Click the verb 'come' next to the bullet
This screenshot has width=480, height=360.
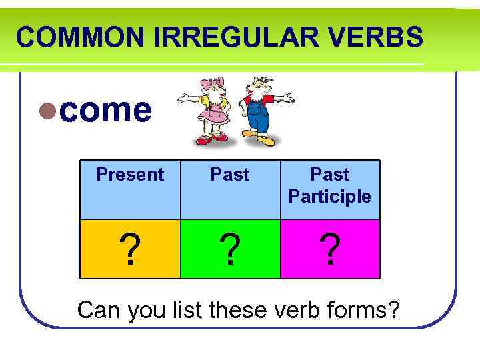click(105, 110)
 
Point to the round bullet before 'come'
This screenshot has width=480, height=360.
click(47, 111)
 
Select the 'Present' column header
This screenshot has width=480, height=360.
click(130, 175)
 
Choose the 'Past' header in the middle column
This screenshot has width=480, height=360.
click(230, 175)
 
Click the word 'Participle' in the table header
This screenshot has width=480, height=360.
click(330, 197)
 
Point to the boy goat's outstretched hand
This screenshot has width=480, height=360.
click(288, 99)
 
